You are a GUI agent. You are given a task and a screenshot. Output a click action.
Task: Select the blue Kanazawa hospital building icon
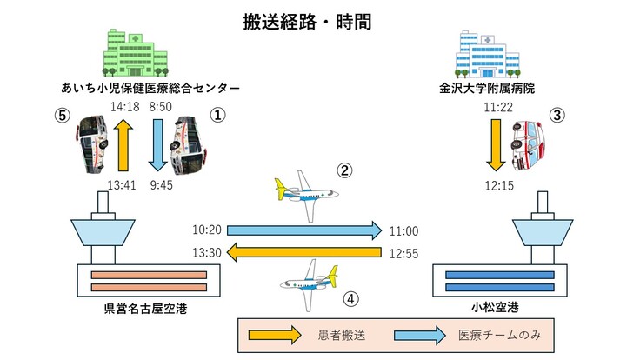pyautogui.click(x=488, y=53)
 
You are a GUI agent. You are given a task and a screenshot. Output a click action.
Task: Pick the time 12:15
pyautogui.click(x=498, y=185)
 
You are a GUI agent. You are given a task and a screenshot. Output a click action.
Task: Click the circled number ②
pyautogui.click(x=345, y=170)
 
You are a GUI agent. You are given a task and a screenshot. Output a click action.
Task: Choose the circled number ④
pyautogui.click(x=350, y=298)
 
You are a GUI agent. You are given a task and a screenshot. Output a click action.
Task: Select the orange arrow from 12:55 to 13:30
pyautogui.click(x=304, y=252)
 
